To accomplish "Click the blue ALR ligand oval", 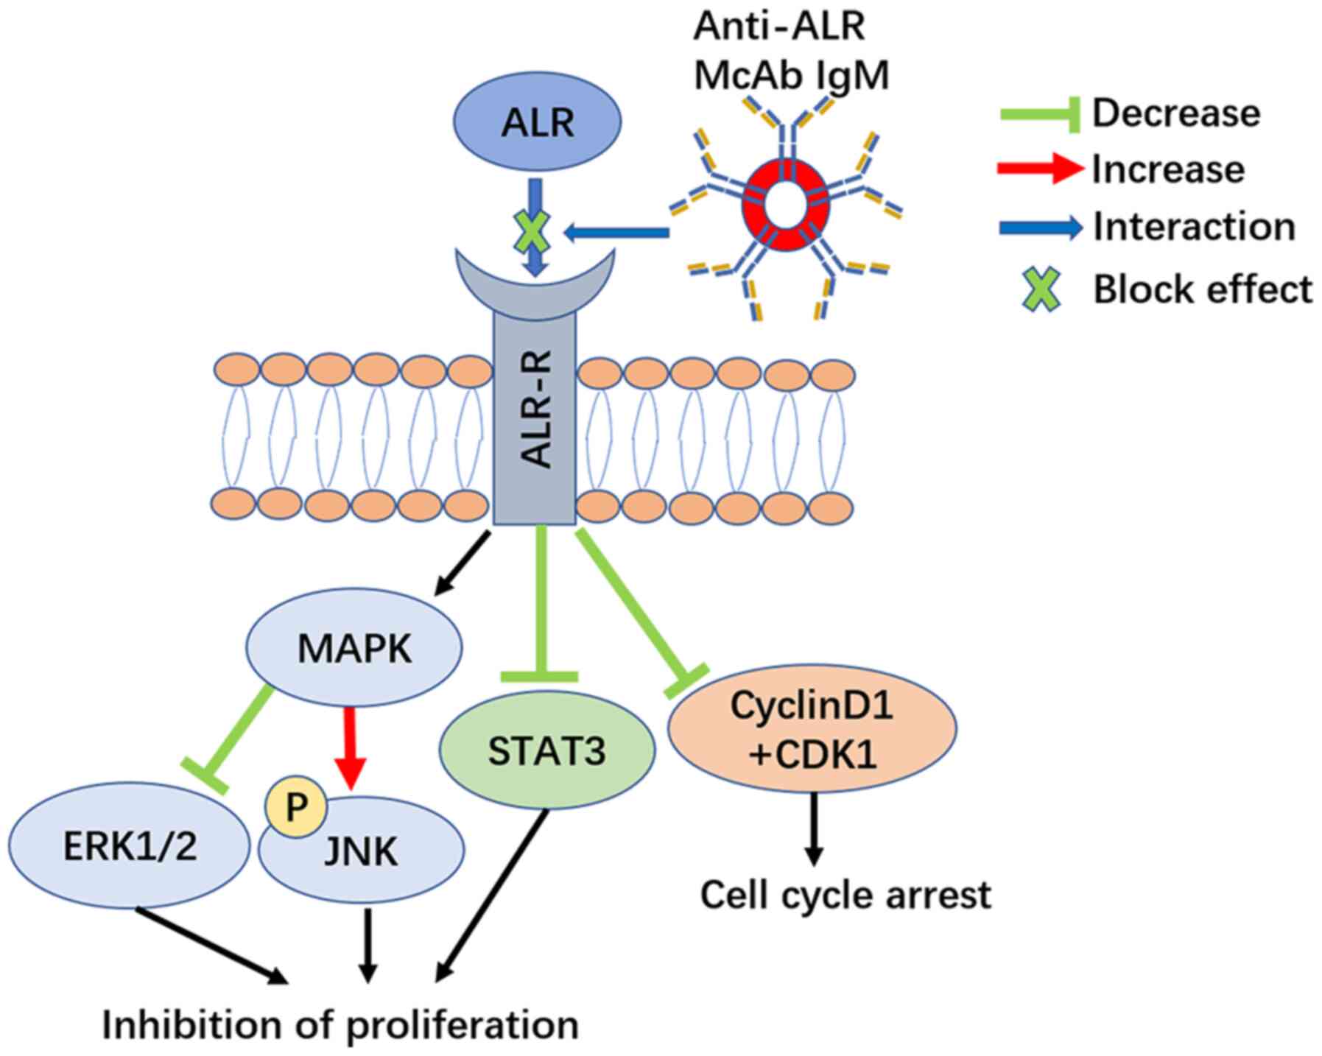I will click(x=536, y=122).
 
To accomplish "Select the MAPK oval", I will click(x=354, y=648).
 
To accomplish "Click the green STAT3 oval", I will click(x=546, y=750).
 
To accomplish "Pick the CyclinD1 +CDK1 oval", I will click(x=811, y=728).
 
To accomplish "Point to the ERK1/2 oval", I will click(x=130, y=847).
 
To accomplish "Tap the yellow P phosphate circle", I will click(x=296, y=807).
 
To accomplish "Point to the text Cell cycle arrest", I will click(x=845, y=895).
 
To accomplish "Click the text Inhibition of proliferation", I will click(x=340, y=1024).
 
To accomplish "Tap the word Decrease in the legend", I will click(x=1175, y=113).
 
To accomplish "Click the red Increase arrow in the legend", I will click(x=1040, y=169).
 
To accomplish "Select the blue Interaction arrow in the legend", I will click(x=1040, y=228).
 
